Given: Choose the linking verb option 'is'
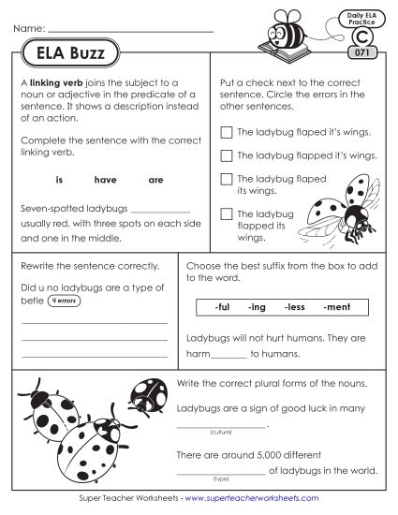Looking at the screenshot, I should click(59, 176).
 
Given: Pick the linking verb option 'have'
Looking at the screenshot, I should click(105, 176).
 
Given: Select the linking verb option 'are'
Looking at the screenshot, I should click(155, 176).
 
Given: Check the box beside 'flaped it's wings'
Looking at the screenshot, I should click(225, 133).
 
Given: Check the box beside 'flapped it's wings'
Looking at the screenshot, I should click(225, 155).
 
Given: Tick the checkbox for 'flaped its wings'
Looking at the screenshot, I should click(225, 178).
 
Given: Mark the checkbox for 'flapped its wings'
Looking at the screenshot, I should click(225, 214).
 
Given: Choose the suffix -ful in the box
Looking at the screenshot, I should click(223, 306).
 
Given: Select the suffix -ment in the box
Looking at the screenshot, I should click(332, 306).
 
